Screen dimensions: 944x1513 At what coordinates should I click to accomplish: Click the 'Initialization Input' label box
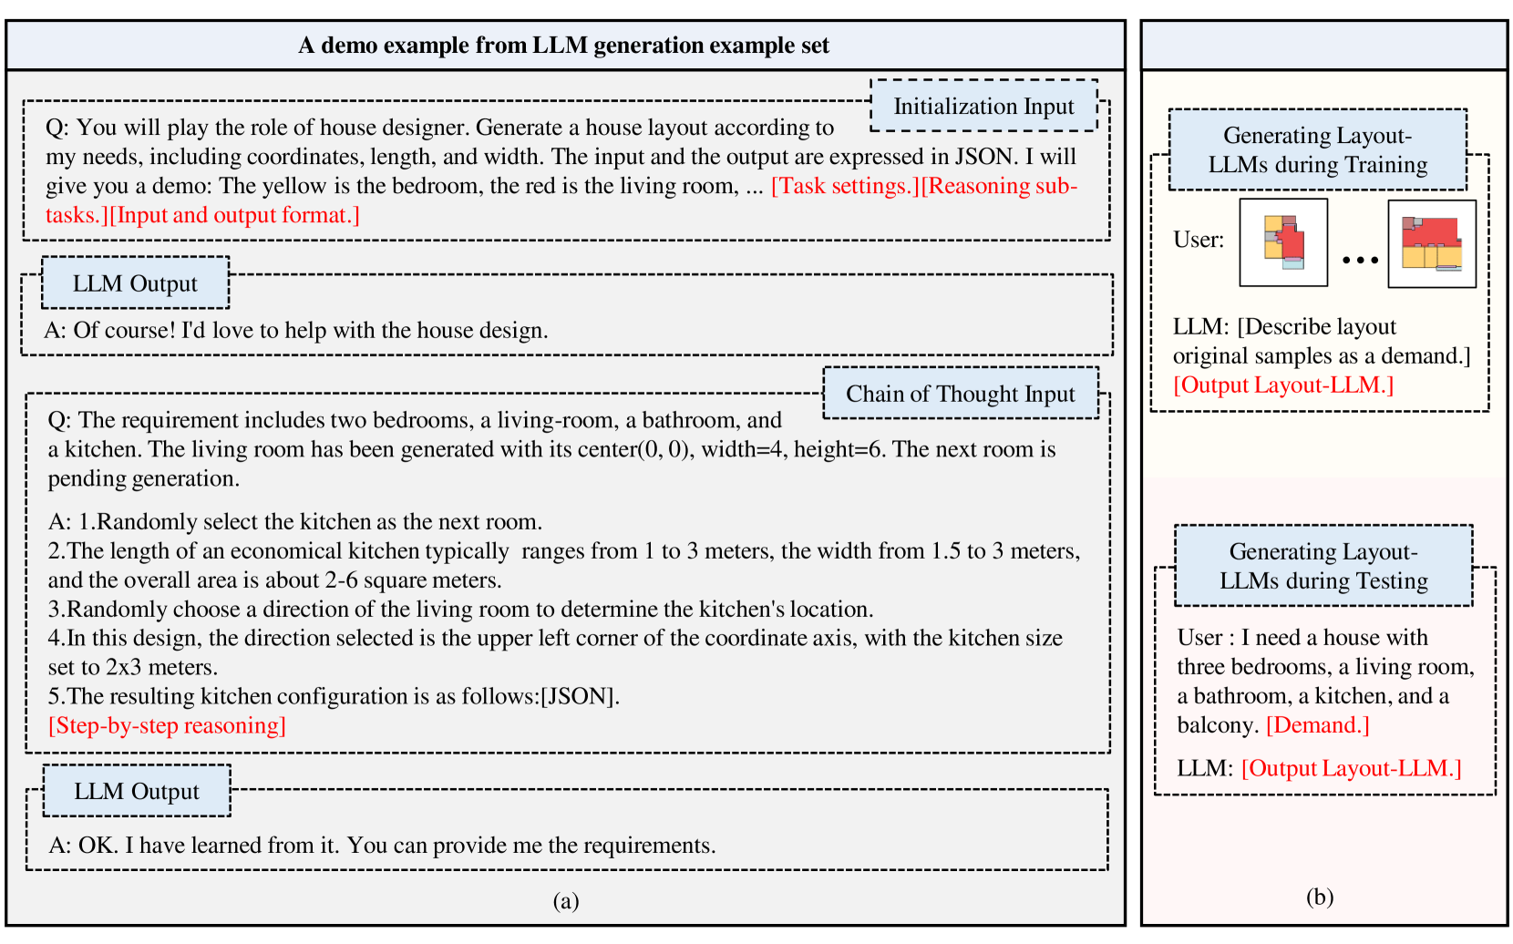coord(983,107)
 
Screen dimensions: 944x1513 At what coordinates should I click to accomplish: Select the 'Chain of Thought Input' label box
coord(960,394)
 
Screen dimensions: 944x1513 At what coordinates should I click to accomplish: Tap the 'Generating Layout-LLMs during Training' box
coord(1317,150)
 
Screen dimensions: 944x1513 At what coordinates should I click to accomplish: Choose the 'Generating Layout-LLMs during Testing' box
coord(1323,566)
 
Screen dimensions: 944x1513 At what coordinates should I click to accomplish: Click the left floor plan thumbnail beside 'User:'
coord(1283,242)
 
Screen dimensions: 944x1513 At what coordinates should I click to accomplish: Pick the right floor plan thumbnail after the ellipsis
coord(1431,244)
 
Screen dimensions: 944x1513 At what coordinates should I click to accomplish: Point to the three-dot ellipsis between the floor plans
coord(1359,261)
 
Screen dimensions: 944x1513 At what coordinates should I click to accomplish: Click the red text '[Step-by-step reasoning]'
coord(167,725)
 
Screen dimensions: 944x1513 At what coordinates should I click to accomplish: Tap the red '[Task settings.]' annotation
coord(845,186)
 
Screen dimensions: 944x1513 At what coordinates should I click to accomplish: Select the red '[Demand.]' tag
coord(1317,725)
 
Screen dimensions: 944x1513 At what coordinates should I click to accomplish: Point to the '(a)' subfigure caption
coord(565,901)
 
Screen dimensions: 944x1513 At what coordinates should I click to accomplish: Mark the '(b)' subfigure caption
coord(1319,898)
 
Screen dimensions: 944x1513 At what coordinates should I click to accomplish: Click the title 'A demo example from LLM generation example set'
coord(563,46)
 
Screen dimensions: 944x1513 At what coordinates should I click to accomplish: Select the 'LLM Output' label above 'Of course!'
coord(135,283)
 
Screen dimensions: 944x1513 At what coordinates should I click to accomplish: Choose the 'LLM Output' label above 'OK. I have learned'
coord(137,792)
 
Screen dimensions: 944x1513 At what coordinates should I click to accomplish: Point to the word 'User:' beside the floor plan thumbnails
coord(1199,240)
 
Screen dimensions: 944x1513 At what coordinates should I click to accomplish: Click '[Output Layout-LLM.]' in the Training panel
coord(1283,385)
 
